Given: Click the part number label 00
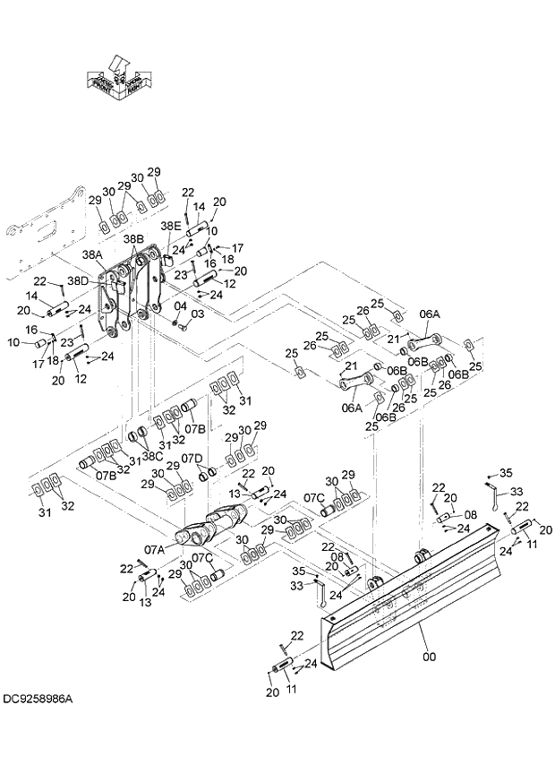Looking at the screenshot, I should click(x=429, y=657).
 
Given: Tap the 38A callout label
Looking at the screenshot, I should click(x=93, y=254).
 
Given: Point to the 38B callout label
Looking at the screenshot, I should click(x=133, y=239).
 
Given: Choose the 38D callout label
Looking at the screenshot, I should click(x=78, y=280).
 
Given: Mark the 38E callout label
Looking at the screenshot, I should click(x=170, y=228).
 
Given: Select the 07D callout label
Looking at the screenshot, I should click(x=192, y=458).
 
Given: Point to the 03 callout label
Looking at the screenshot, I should click(x=197, y=314).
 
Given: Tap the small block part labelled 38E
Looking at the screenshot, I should click(x=166, y=260).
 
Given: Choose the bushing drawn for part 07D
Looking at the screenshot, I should click(x=205, y=472).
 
